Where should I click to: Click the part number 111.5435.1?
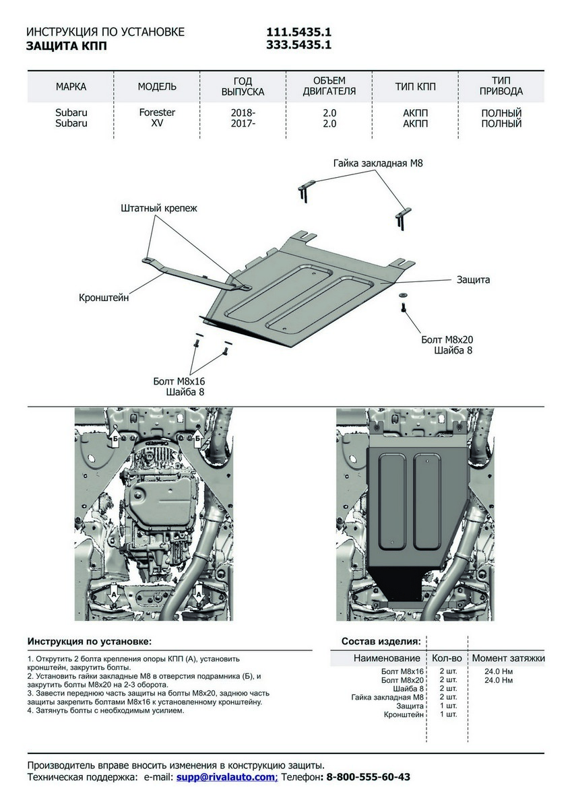tap(299, 32)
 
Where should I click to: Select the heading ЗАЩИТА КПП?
tap(66, 46)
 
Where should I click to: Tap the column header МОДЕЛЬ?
tap(157, 87)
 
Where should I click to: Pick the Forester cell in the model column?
tap(157, 113)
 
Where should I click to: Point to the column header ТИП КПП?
tap(415, 87)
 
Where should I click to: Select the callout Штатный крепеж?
tap(159, 208)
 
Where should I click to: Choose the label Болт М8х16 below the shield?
tap(179, 381)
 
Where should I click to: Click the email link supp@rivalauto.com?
tap(226, 777)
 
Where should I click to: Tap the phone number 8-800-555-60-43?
tap(368, 777)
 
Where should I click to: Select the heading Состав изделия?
tap(381, 641)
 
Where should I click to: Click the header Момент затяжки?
tap(508, 658)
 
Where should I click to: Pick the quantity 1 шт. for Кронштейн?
tap(448, 714)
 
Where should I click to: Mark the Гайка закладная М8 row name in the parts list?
tap(387, 697)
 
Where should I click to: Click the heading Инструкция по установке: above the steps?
tap(90, 641)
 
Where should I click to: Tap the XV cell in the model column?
tap(157, 123)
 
